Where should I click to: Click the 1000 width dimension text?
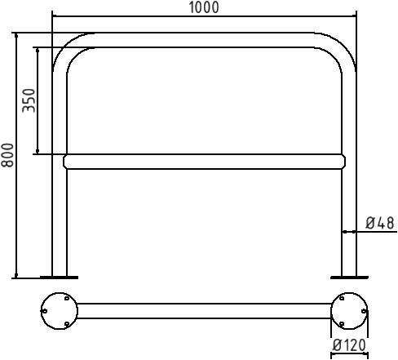(204, 7)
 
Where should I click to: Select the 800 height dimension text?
(7, 155)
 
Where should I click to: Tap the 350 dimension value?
(29, 100)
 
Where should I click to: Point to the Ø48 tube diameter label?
(379, 222)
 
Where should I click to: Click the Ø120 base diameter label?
(350, 346)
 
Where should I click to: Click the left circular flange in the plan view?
(60, 311)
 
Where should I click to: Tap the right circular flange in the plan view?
(349, 311)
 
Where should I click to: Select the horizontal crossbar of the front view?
(204, 162)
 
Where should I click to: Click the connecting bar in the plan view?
(204, 311)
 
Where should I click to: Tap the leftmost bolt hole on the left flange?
(46, 311)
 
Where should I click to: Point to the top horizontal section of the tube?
(204, 40)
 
